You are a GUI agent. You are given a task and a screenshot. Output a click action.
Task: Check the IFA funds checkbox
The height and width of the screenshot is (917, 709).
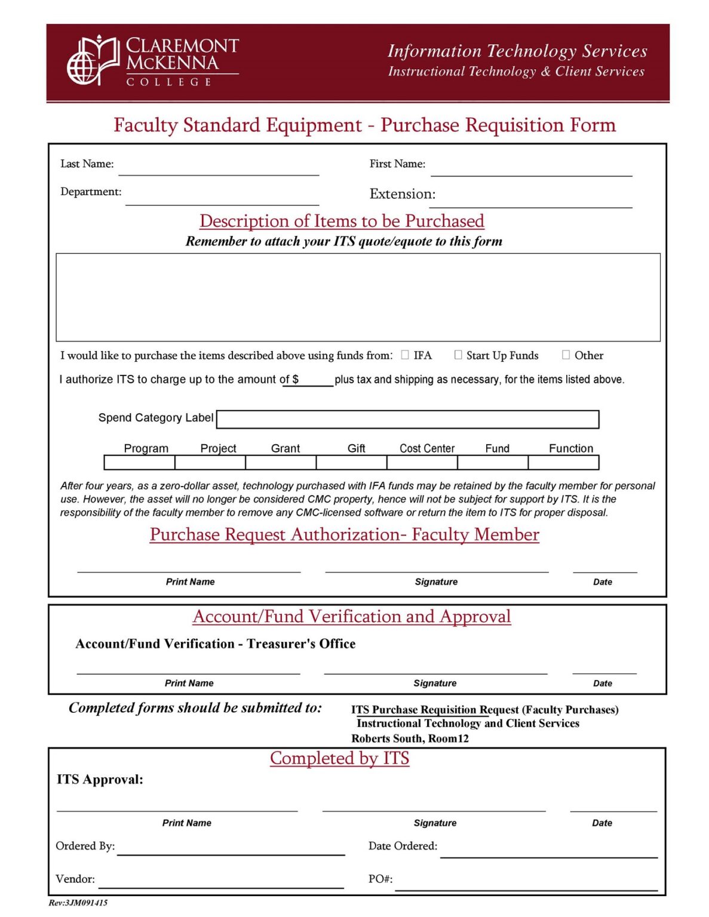[x=405, y=355]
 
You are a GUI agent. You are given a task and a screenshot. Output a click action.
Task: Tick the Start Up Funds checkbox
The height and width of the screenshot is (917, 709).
[x=458, y=355]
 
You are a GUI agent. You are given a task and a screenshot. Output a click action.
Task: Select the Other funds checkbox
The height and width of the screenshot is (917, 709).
[x=566, y=355]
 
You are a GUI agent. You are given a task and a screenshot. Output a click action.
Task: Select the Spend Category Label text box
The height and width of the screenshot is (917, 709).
[x=407, y=419]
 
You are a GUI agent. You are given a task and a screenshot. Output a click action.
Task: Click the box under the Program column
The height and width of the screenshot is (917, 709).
[x=139, y=463]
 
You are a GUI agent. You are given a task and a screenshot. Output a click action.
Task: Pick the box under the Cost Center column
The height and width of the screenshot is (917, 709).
[x=422, y=463]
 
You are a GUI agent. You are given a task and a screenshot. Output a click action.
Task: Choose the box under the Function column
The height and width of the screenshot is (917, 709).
[x=563, y=463]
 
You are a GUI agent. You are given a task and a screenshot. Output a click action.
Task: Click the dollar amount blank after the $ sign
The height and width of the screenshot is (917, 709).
[x=316, y=380]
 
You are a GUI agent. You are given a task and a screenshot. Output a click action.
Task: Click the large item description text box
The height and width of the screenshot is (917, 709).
[x=358, y=297]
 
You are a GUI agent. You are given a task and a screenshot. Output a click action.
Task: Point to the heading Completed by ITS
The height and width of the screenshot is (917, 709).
[x=339, y=758]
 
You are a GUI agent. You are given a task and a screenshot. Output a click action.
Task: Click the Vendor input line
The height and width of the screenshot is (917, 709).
[x=221, y=882]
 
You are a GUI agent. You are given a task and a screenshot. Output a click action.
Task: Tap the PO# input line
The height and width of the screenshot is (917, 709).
[x=526, y=884]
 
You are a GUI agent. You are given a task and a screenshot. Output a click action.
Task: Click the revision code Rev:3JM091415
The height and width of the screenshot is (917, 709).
[x=78, y=903]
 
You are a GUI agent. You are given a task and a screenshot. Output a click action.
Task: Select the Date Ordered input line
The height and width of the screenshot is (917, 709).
[x=548, y=851]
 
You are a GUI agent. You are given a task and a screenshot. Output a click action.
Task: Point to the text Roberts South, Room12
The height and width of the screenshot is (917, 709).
[x=410, y=738]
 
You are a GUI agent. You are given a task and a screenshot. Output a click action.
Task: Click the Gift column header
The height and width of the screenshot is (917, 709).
[x=356, y=448]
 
